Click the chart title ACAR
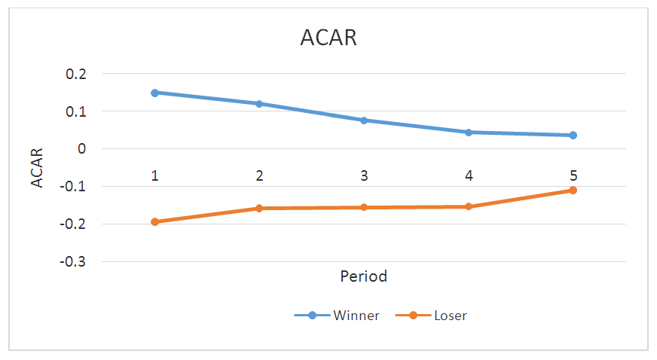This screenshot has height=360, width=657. (x=327, y=38)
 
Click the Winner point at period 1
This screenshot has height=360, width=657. (x=154, y=93)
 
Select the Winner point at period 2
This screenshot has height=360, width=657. (x=259, y=104)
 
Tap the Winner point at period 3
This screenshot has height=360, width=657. (x=364, y=121)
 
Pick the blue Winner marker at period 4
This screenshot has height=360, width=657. (x=469, y=133)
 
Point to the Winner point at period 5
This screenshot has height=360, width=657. (x=573, y=136)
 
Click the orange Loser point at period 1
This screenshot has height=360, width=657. (x=154, y=222)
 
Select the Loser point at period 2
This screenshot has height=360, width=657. (x=259, y=208)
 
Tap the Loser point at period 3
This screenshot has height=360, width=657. (x=364, y=207)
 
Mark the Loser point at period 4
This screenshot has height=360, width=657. (x=469, y=206)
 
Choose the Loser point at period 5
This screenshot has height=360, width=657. (x=573, y=191)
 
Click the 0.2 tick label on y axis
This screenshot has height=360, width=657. (x=76, y=74)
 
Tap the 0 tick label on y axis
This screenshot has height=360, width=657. (x=81, y=149)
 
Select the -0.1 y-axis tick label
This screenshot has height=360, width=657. (x=74, y=187)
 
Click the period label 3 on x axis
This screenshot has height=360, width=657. (x=364, y=175)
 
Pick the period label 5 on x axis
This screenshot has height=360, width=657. (x=573, y=175)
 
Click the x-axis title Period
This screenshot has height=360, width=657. (x=364, y=276)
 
